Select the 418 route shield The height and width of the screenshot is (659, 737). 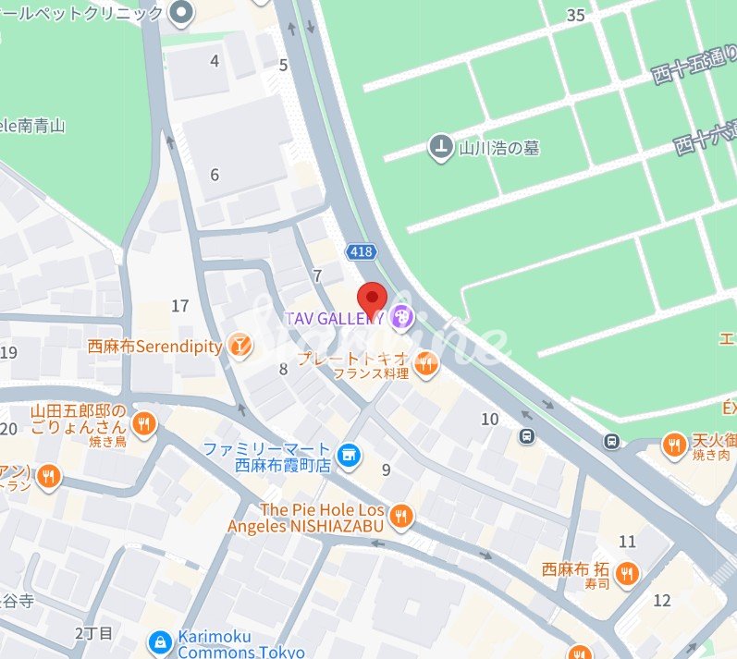[x=362, y=251]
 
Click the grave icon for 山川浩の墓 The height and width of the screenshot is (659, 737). [x=441, y=146]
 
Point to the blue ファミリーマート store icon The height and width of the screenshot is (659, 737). [x=348, y=454]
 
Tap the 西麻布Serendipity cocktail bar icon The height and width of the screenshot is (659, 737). [x=240, y=346]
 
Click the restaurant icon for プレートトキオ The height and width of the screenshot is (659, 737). [x=425, y=365]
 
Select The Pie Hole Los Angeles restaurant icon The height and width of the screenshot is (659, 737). [x=399, y=517]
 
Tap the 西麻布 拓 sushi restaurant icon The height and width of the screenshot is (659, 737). [x=627, y=572]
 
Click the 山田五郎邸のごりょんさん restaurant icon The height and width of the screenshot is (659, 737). [x=142, y=425]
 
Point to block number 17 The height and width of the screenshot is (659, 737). [x=180, y=306]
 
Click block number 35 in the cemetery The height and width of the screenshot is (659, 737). [x=576, y=15]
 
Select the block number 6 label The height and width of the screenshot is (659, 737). [x=215, y=175]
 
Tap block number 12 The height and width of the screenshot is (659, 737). [x=661, y=601]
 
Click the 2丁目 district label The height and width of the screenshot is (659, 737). [x=93, y=633]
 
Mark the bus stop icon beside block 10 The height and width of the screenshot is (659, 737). [x=527, y=435]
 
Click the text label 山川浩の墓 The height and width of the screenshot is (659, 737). [x=499, y=147]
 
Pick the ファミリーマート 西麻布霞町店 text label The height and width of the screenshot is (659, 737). [x=267, y=457]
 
